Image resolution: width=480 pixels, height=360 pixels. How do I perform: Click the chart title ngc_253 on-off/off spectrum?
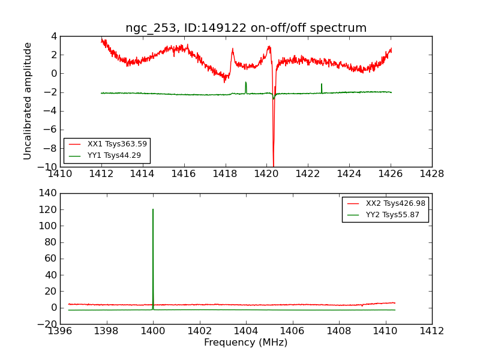click(246, 28)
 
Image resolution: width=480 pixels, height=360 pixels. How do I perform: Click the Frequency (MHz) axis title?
click(246, 343)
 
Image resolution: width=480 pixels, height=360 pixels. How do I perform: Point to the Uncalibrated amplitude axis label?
click(28, 101)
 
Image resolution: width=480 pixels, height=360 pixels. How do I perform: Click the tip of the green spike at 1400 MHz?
click(153, 209)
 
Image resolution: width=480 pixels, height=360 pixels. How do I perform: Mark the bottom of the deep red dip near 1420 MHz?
click(273, 166)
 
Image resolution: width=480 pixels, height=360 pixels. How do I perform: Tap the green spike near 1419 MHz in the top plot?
click(245, 83)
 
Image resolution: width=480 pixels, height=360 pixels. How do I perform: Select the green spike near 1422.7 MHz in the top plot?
click(322, 85)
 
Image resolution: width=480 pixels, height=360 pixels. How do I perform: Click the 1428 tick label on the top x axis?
click(431, 174)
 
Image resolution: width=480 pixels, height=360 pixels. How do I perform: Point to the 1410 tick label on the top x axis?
click(60, 174)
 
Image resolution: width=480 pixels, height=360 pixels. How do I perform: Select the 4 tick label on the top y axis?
click(53, 36)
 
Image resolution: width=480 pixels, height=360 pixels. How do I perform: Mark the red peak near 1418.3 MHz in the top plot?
click(233, 50)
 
